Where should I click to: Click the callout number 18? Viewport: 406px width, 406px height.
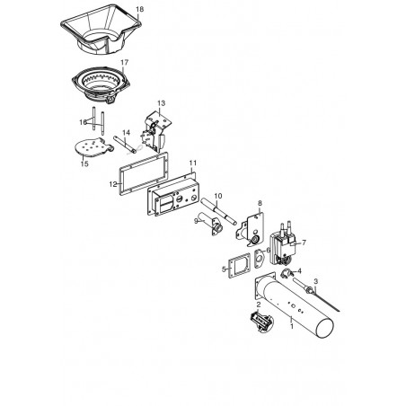click(139, 9)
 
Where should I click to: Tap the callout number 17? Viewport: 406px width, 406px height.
click(124, 62)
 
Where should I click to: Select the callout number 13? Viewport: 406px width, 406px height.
click(161, 103)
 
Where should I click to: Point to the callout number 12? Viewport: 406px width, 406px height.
click(113, 184)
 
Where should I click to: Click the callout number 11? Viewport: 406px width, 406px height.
click(193, 163)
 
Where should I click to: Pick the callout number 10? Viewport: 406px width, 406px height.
click(218, 196)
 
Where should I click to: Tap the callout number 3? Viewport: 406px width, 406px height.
click(315, 281)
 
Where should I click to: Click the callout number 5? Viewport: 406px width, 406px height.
click(224, 269)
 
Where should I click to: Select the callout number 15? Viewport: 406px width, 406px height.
click(84, 163)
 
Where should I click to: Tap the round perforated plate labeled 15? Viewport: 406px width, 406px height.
click(93, 147)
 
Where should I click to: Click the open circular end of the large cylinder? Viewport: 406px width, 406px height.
click(324, 328)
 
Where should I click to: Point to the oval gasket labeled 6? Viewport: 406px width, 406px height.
click(259, 259)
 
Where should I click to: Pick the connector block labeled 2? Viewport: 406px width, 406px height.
click(261, 322)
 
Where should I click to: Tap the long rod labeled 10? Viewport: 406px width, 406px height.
click(218, 211)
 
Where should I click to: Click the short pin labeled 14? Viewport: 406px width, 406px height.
click(125, 145)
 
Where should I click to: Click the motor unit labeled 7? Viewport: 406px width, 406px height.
click(282, 244)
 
